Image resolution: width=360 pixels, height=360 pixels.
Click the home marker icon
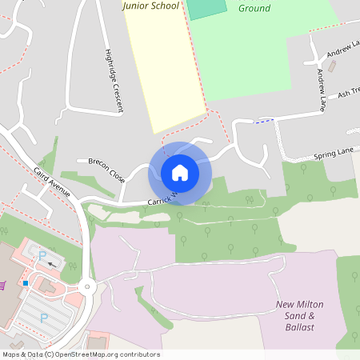pyautogui.click(x=180, y=173)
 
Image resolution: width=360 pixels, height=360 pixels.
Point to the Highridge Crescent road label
pyautogui.click(x=114, y=80)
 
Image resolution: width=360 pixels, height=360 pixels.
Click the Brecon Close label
pyautogui.click(x=106, y=169)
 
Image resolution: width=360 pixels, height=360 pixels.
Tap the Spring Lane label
pyautogui.click(x=333, y=153)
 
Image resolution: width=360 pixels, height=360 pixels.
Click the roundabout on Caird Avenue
pyautogui.click(x=87, y=287)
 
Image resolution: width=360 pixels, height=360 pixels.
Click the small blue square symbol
pyautogui.click(x=26, y=282)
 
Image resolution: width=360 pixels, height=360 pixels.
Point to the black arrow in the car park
pyautogui.click(x=53, y=263)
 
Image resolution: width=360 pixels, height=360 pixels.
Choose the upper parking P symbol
pyautogui.click(x=42, y=255)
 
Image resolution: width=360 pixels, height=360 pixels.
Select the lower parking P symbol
pyautogui.click(x=44, y=318)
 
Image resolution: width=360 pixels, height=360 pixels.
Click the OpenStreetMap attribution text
pyautogui.click(x=80, y=354)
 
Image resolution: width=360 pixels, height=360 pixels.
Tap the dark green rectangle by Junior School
pyautogui.click(x=206, y=9)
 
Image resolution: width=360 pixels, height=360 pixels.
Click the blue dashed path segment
pyautogui.click(x=264, y=121)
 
